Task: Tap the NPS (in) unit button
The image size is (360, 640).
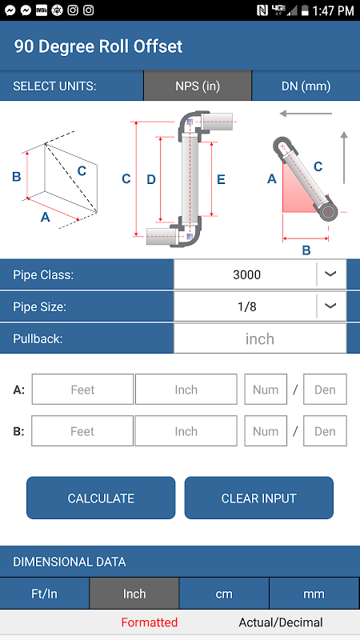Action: point(198,86)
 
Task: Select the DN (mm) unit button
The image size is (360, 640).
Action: point(306,86)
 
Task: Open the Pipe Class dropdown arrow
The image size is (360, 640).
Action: point(330,274)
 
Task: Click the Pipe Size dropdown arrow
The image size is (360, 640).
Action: point(330,306)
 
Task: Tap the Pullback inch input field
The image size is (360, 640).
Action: point(260,338)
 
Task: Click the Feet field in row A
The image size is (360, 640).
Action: point(82,390)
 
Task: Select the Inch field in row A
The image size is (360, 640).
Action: point(186,390)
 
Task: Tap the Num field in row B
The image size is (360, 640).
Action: point(266,431)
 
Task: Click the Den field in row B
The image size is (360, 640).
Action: point(325,431)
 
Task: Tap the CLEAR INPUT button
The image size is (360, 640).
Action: point(258,498)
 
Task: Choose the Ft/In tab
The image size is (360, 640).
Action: point(45,594)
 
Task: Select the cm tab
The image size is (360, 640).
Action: point(224,594)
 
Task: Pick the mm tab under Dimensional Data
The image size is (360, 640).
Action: point(314,594)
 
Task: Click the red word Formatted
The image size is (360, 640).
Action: point(150,622)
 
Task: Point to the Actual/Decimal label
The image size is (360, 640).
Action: point(281,622)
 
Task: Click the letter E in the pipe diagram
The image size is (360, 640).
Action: point(221,179)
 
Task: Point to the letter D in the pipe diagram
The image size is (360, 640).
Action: point(151,179)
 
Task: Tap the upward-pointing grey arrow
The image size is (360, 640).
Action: point(344,157)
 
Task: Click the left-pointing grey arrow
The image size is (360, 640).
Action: point(306,114)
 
